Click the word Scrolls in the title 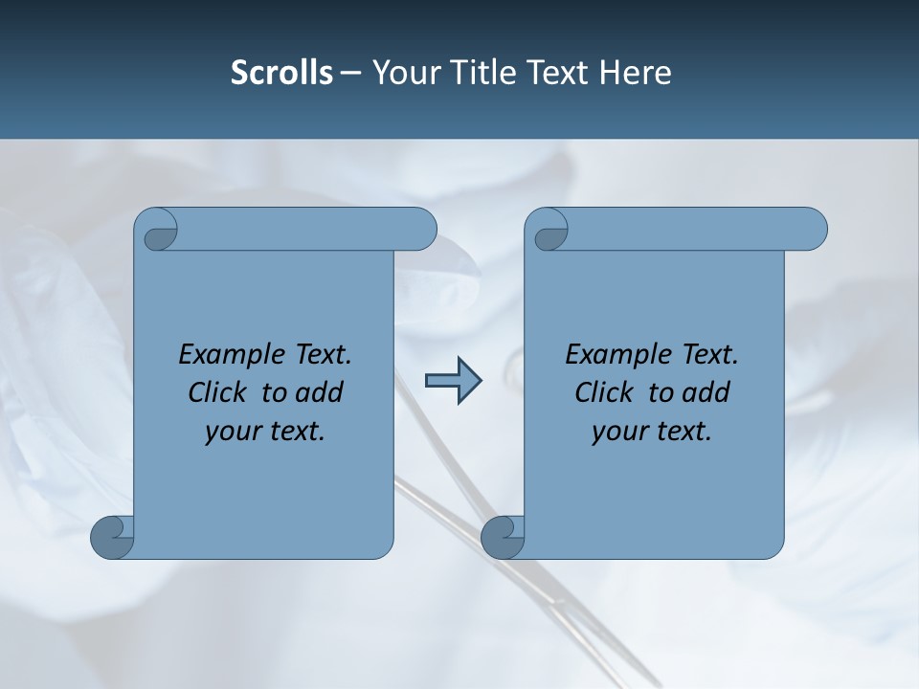click(x=282, y=73)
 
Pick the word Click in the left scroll click(x=217, y=392)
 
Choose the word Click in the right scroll click(x=604, y=392)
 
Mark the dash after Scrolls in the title click(x=349, y=74)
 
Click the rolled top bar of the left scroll click(x=306, y=230)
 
